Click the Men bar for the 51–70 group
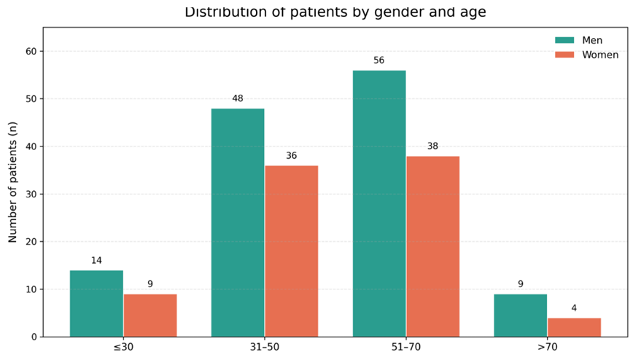(379, 203)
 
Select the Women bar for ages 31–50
(291, 251)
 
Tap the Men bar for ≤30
(96, 304)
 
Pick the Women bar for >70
(574, 327)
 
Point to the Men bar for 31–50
(238, 223)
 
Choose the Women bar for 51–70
(432, 246)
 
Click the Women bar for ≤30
(150, 316)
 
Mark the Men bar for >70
(521, 316)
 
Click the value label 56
(379, 60)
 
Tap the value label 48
(238, 98)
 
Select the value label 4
(574, 308)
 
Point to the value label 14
(96, 260)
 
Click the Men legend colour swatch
(564, 40)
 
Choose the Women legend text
(600, 55)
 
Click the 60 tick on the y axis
(31, 51)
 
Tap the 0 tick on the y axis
(34, 337)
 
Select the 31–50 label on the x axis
(265, 348)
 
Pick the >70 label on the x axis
(548, 348)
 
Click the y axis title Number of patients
(12, 182)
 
